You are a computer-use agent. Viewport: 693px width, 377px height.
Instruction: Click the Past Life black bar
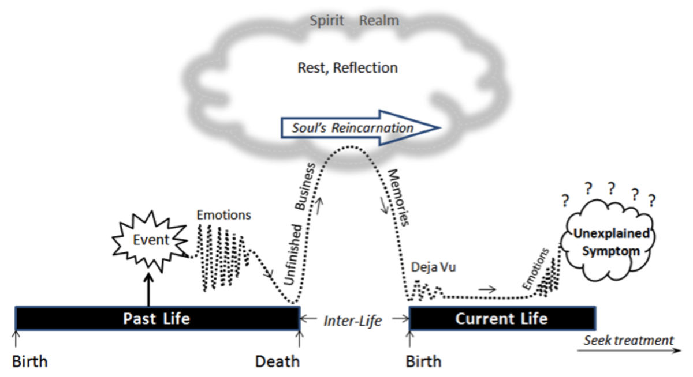(x=157, y=318)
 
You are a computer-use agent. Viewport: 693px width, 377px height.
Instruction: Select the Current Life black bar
(x=502, y=318)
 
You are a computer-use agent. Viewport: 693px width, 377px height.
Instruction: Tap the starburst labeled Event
(x=151, y=240)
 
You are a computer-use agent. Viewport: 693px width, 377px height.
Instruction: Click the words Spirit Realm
(x=354, y=21)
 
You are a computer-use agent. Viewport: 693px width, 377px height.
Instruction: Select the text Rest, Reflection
(x=348, y=67)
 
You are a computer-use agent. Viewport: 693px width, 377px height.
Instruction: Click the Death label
(x=278, y=361)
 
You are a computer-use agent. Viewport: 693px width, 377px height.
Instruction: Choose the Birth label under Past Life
(x=30, y=361)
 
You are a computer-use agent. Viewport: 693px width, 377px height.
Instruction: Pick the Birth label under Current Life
(x=423, y=361)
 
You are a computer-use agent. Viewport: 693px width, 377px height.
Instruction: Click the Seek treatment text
(x=628, y=340)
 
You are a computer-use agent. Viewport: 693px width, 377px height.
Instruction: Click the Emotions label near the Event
(x=224, y=215)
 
